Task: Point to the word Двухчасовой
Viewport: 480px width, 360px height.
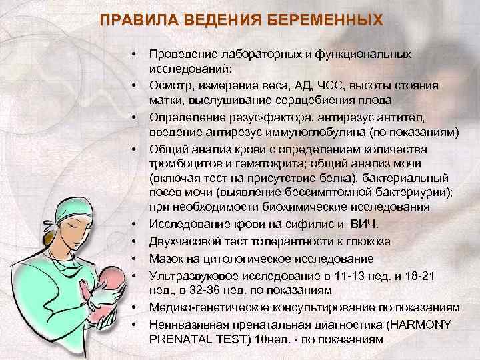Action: pyautogui.click(x=181, y=241)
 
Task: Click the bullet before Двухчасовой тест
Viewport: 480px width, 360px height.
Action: pyautogui.click(x=134, y=241)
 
